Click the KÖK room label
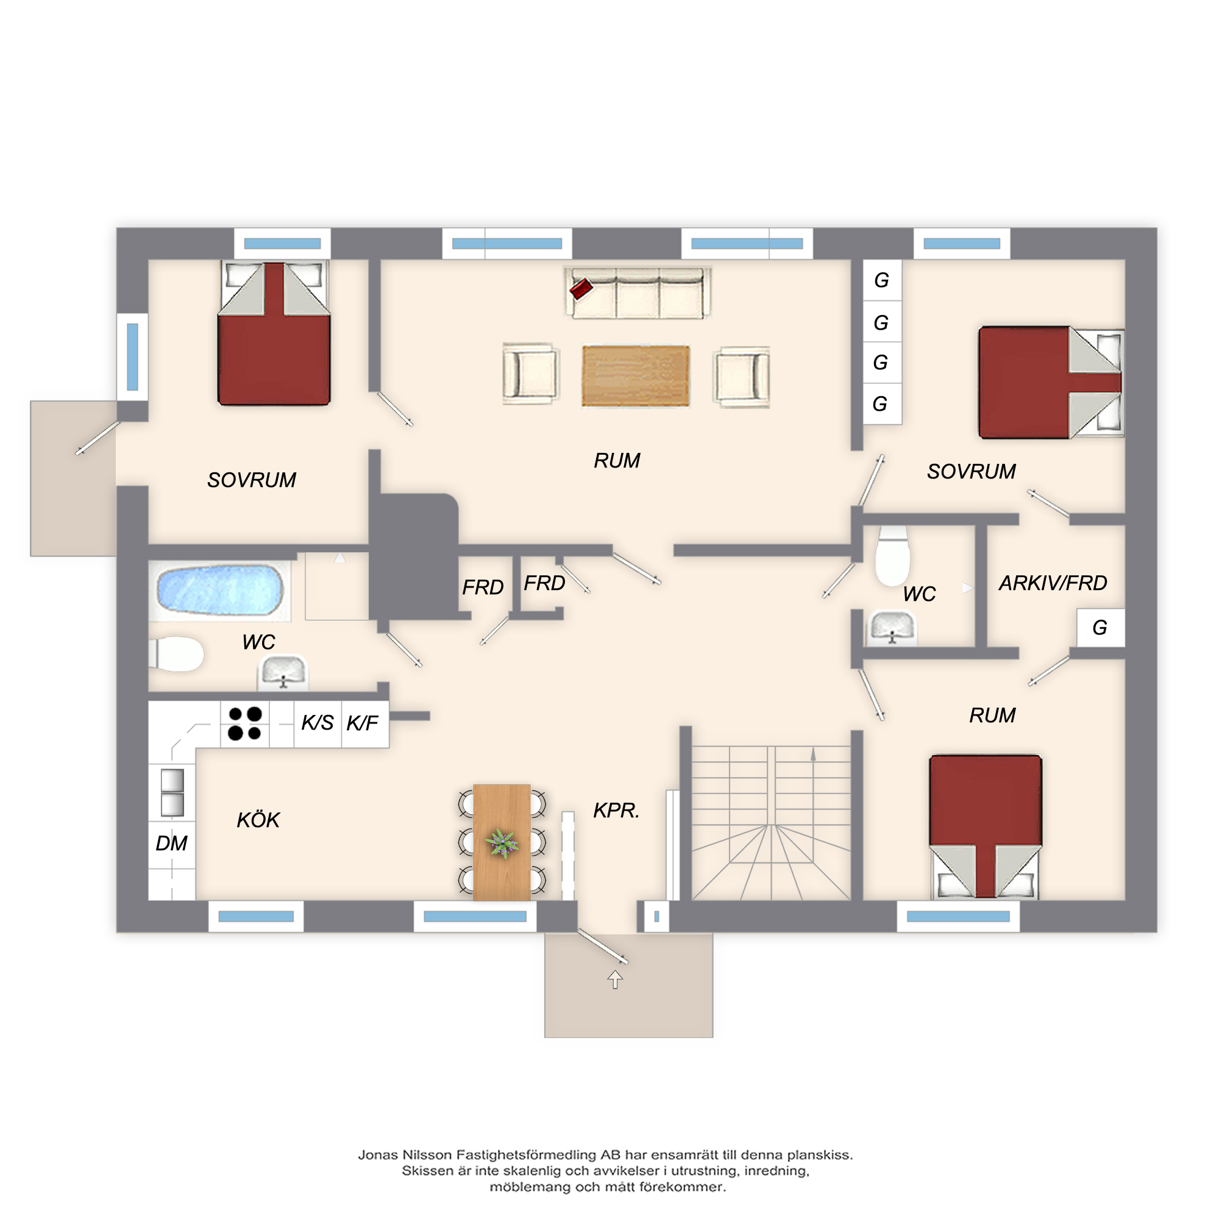258,820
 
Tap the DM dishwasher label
171,843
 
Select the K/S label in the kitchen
317,722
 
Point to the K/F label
362,723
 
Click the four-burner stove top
245,723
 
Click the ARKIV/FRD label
1053,583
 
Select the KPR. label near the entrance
616,810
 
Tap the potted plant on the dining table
502,843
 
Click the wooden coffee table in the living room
635,375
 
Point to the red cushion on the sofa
580,289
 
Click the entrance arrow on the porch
615,979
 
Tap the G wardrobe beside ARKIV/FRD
1100,627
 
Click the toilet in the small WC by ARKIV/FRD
892,556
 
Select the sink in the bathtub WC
283,673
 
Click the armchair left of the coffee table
531,374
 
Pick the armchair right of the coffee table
742,376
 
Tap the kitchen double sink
172,792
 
